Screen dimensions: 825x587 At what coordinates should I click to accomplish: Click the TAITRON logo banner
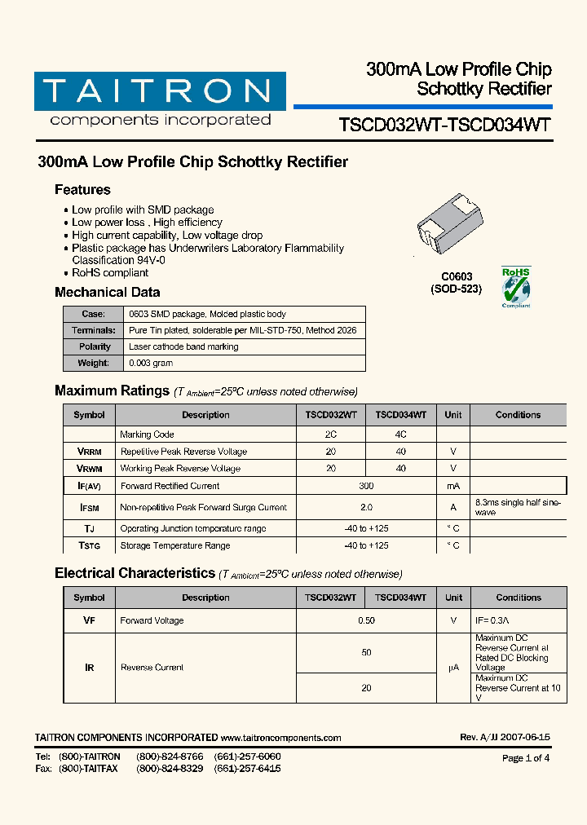point(160,91)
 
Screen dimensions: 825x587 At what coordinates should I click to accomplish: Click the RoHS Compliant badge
point(515,287)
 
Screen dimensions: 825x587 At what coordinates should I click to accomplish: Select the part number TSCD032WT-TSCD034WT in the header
point(444,125)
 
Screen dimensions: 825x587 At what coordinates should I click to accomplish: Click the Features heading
point(82,190)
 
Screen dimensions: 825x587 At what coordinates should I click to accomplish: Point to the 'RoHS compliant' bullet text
point(110,273)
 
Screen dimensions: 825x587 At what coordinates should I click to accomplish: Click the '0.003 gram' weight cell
point(151,363)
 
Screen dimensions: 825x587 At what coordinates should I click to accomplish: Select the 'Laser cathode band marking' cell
point(183,346)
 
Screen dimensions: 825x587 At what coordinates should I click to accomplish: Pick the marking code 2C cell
point(330,435)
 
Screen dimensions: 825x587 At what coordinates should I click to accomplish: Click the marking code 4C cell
point(400,435)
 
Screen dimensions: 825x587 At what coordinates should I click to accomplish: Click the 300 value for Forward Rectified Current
point(366,486)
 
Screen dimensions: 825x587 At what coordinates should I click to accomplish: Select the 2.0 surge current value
point(366,507)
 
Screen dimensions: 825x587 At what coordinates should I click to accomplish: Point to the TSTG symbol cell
point(90,545)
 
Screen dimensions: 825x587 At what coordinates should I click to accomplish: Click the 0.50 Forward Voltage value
point(366,620)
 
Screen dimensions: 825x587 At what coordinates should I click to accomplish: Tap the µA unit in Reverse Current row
point(453,668)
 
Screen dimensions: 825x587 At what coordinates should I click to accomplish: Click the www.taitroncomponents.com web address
point(280,738)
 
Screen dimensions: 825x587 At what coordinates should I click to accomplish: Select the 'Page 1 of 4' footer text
point(526,758)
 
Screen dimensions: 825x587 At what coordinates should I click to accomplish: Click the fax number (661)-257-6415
point(247,769)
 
